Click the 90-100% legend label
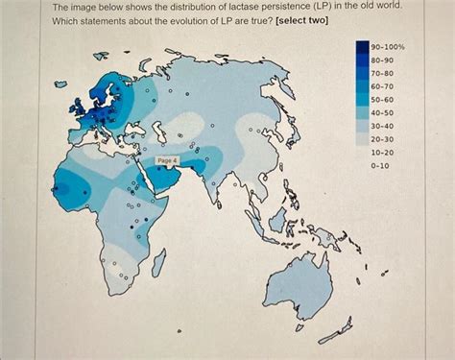[x=388, y=47]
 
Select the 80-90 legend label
[x=383, y=60]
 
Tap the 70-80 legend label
[x=383, y=74]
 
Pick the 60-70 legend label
[x=383, y=86]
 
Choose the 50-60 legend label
[x=383, y=100]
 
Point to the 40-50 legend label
[x=383, y=113]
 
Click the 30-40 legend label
[x=383, y=126]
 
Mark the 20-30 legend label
[x=383, y=139]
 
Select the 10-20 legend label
[x=383, y=153]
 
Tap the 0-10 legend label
[x=381, y=166]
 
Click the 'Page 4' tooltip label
[x=167, y=160]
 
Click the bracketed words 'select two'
[x=301, y=20]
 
